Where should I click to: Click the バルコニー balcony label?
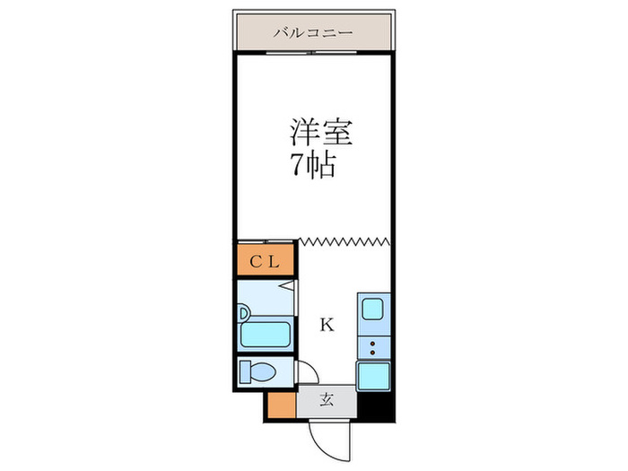pyautogui.click(x=313, y=33)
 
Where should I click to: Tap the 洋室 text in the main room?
pyautogui.click(x=320, y=133)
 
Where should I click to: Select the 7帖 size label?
pyautogui.click(x=311, y=164)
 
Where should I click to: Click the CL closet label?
pyautogui.click(x=266, y=262)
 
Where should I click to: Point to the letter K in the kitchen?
pyautogui.click(x=327, y=326)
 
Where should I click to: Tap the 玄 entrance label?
pyautogui.click(x=327, y=400)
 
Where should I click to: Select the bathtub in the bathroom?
pyautogui.click(x=266, y=336)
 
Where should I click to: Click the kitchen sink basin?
pyautogui.click(x=371, y=310)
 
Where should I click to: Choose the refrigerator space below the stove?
pyautogui.click(x=372, y=374)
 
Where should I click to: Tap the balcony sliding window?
pyautogui.click(x=313, y=53)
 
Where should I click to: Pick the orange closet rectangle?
pyautogui.click(x=266, y=261)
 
